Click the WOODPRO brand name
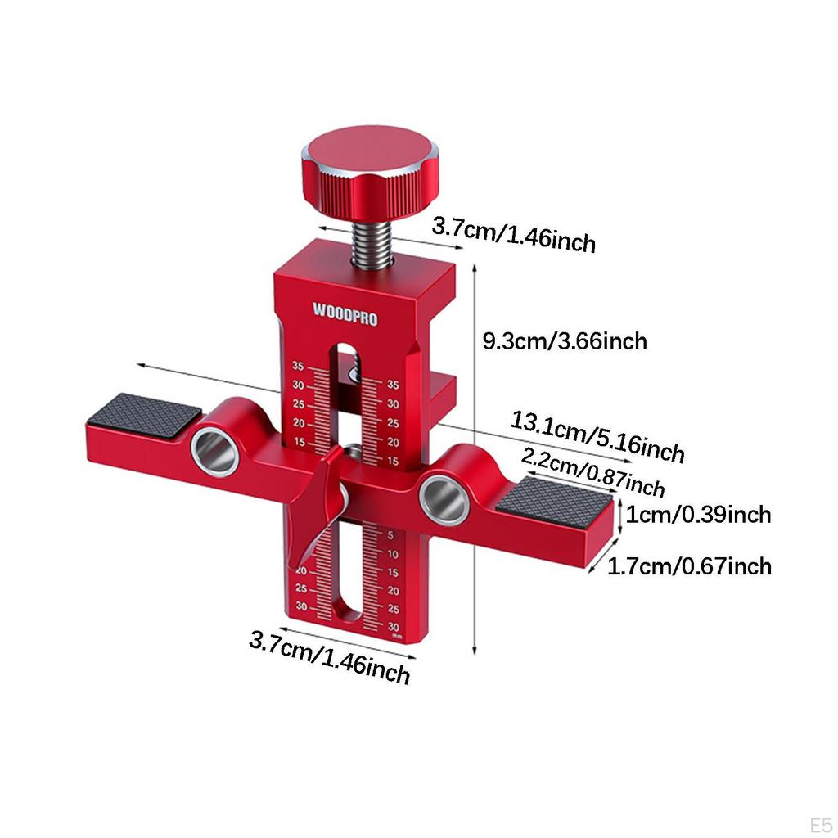[345, 314]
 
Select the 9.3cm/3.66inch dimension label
[565, 340]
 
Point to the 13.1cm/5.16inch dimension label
[597, 437]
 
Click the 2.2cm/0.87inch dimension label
[593, 473]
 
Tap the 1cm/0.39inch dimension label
[699, 515]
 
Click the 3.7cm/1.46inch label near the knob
[514, 234]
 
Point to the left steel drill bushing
[215, 451]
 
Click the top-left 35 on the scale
[298, 366]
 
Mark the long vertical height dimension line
[475, 458]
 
